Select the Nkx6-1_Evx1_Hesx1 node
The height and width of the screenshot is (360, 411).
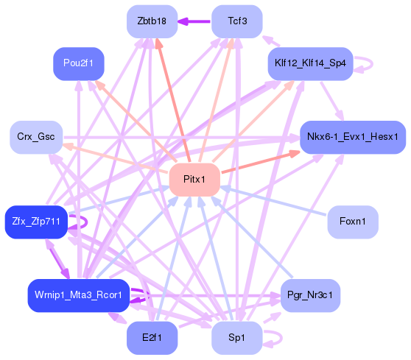pos(353,137)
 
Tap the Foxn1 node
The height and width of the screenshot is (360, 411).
pos(353,221)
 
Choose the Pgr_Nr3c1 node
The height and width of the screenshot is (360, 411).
pos(310,294)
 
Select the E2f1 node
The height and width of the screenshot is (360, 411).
pos(152,337)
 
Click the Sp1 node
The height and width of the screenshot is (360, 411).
pos(237,337)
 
